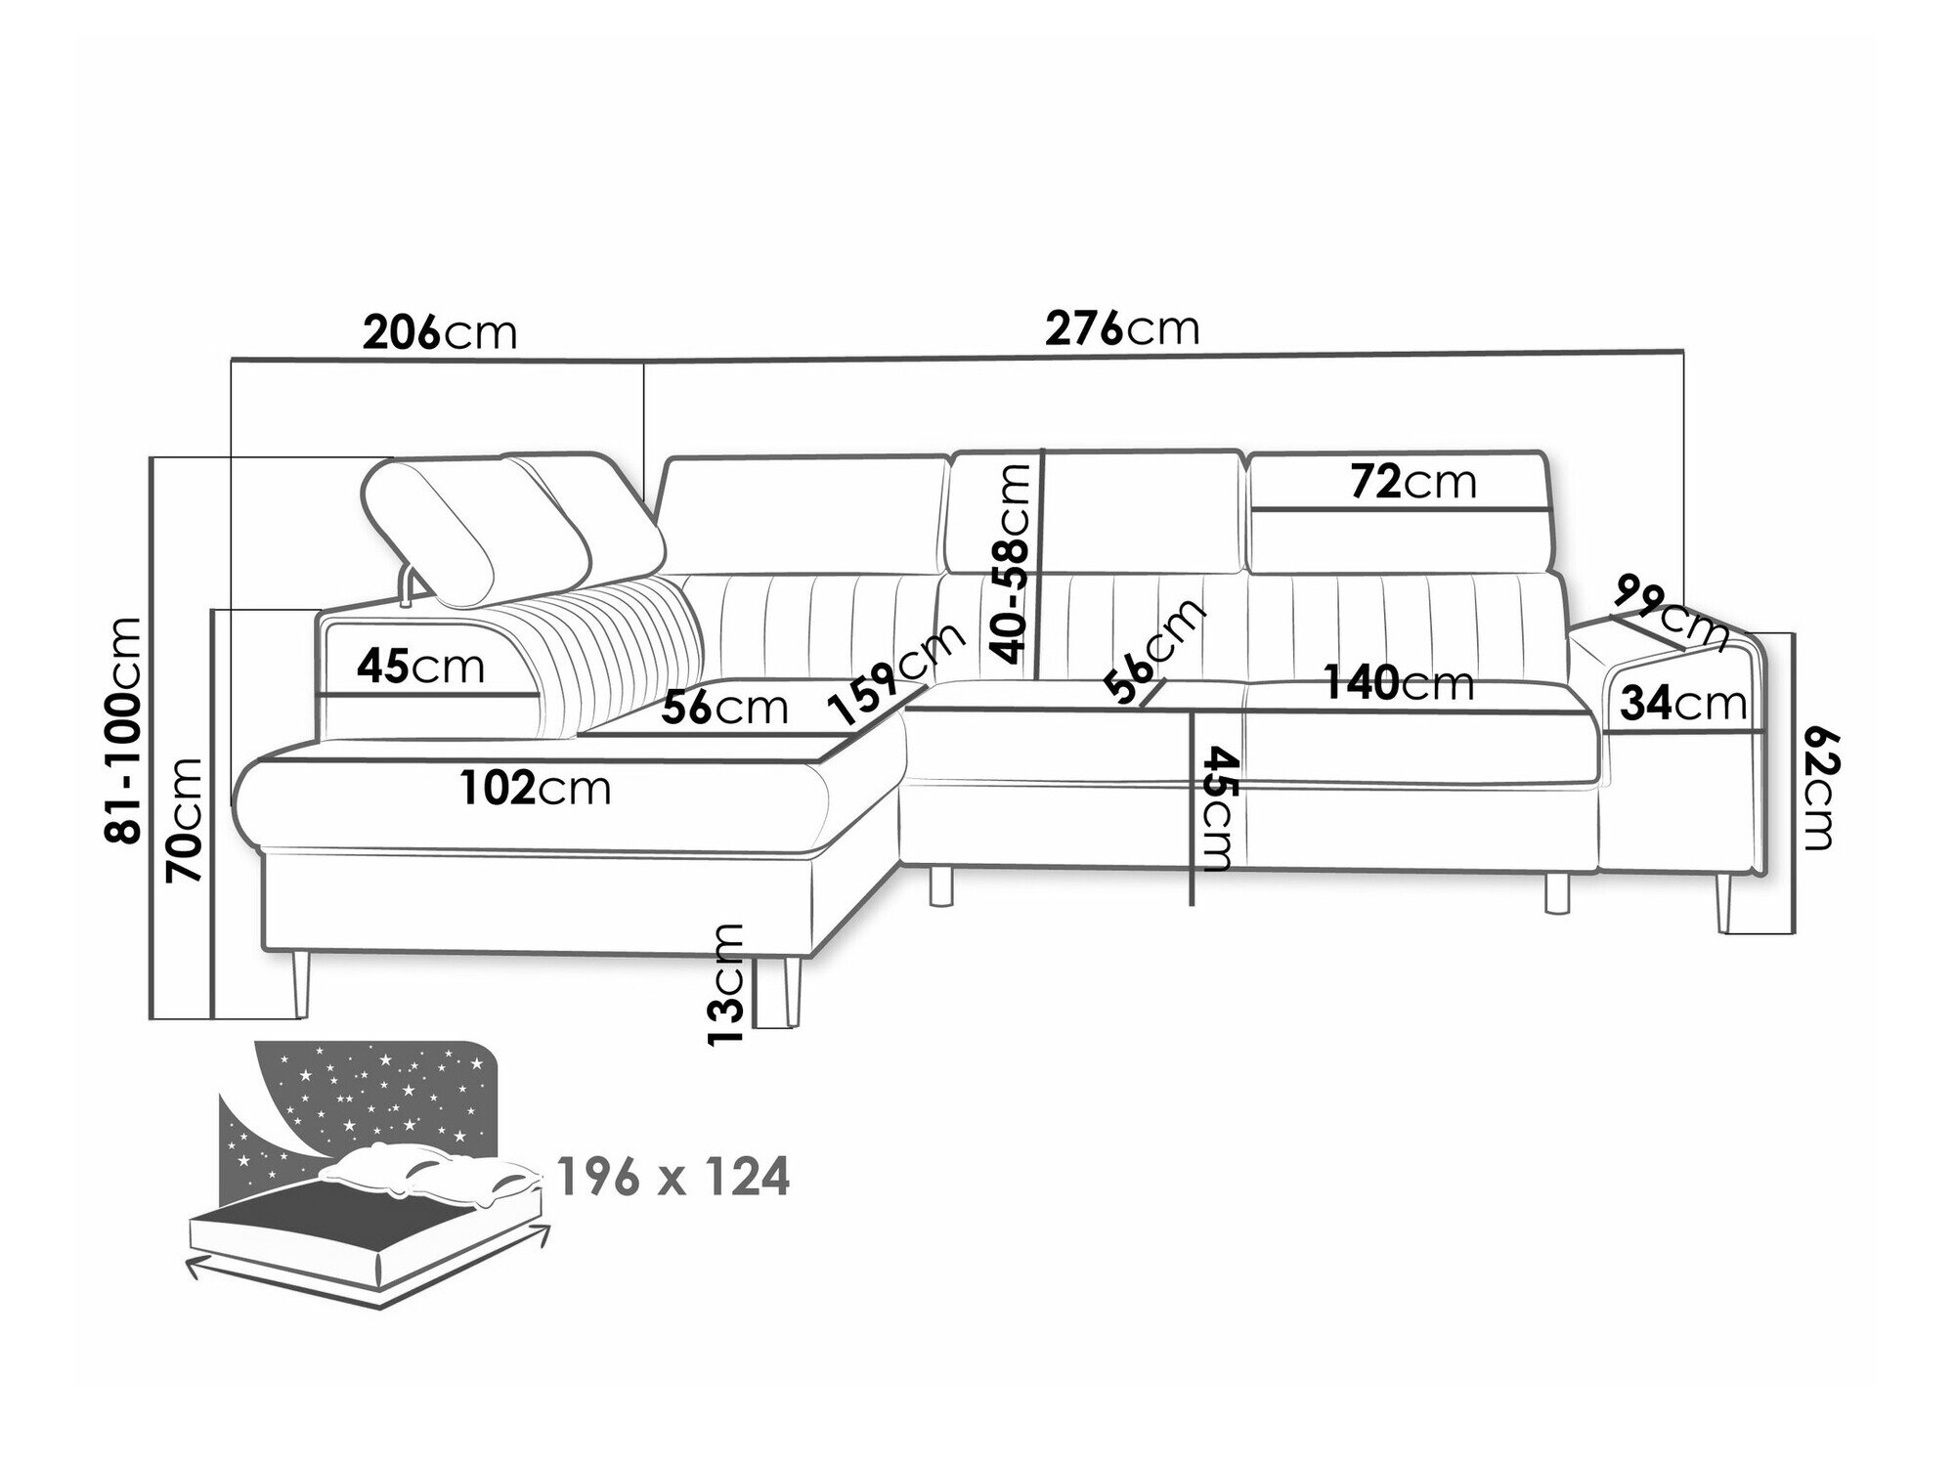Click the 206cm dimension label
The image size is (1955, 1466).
[439, 333]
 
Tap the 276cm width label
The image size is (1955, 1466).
[1122, 329]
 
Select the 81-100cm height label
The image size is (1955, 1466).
[124, 730]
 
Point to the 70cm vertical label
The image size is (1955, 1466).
[185, 819]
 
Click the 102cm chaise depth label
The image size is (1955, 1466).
[537, 788]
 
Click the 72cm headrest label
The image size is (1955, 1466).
[1413, 482]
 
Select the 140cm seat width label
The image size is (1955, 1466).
[1399, 682]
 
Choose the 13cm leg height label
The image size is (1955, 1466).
[725, 984]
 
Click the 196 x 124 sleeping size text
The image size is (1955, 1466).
[673, 1178]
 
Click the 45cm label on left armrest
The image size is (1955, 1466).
[420, 667]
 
